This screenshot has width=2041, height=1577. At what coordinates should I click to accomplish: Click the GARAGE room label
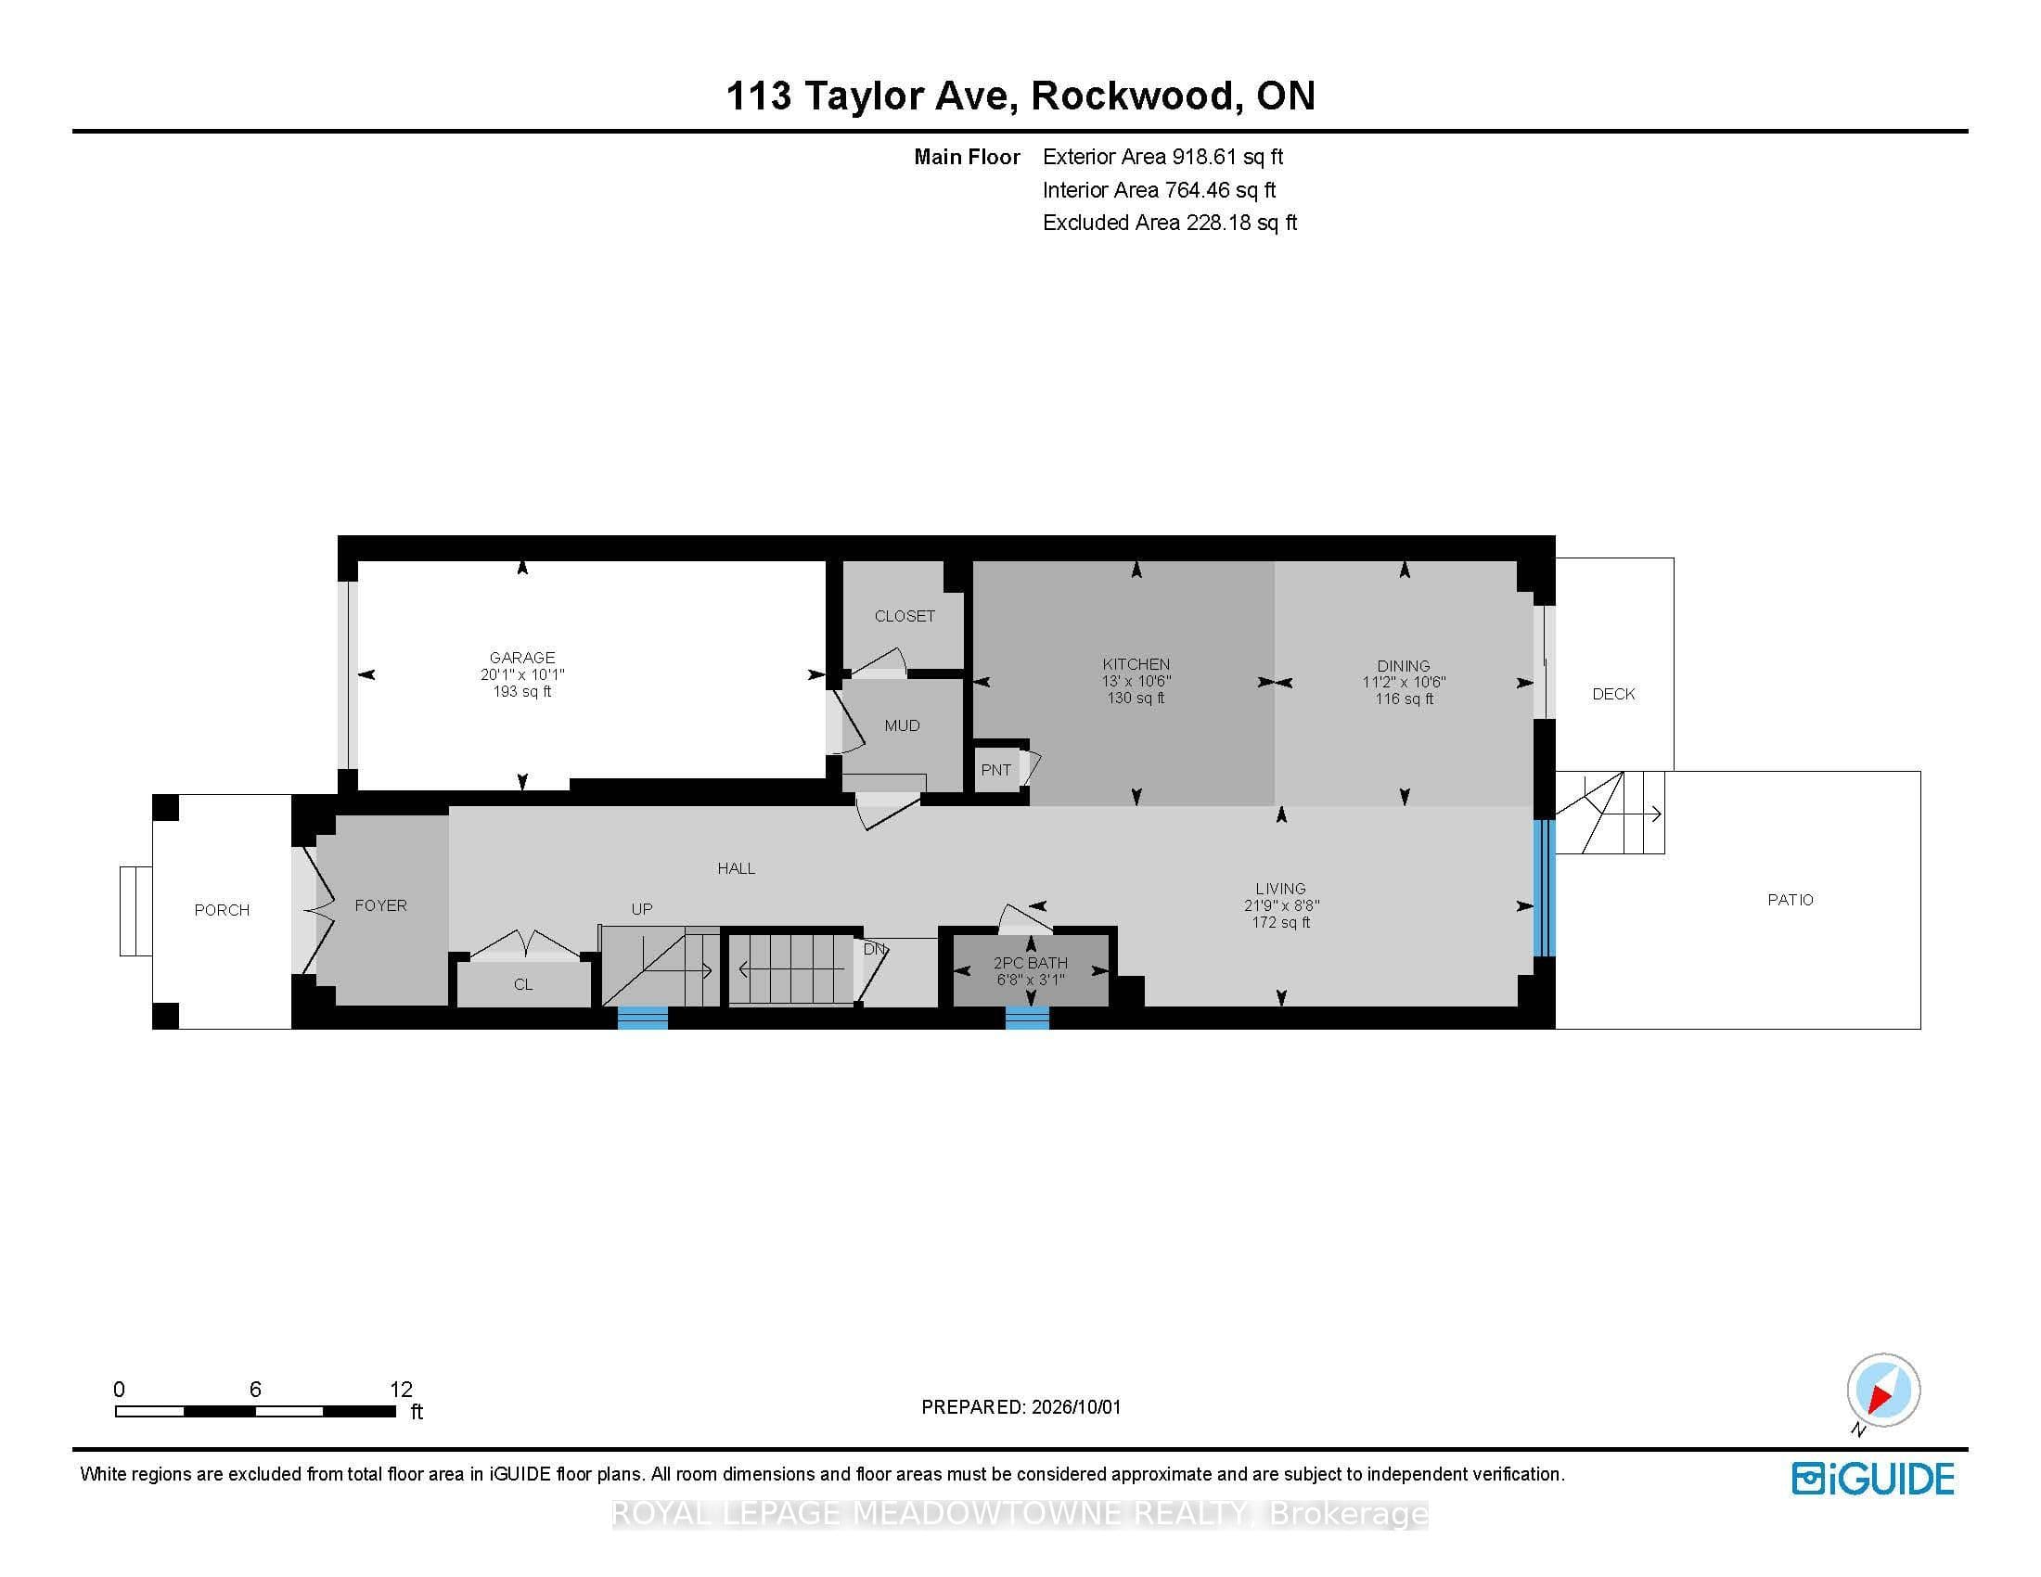522,657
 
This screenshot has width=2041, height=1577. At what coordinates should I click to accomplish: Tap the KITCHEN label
1136,664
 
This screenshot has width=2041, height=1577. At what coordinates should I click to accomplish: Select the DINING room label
1403,666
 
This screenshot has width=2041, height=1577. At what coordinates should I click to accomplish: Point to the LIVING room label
1280,889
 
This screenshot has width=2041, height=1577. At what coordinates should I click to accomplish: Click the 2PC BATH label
1030,962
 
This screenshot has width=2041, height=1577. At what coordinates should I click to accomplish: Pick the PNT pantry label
996,770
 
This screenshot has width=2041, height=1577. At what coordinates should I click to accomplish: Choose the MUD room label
902,725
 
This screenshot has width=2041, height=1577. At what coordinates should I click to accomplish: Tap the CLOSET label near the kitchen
905,616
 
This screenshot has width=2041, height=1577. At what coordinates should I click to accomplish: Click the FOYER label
380,905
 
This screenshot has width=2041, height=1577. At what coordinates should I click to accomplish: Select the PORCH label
222,910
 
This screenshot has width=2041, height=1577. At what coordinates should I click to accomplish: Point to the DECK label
1613,694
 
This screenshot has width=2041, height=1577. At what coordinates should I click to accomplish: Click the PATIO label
1791,900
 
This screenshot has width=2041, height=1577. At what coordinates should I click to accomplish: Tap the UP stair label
641,909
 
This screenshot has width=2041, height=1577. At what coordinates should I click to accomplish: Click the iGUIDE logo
1873,1479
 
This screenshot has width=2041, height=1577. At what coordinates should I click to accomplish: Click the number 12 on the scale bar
401,1390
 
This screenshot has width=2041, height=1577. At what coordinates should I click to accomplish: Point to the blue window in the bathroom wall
1026,1018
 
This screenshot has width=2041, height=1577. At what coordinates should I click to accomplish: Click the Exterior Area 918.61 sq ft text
1162,157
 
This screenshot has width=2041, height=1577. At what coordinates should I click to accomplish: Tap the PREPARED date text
1020,1407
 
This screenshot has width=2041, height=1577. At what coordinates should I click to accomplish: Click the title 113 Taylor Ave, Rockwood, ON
1020,96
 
